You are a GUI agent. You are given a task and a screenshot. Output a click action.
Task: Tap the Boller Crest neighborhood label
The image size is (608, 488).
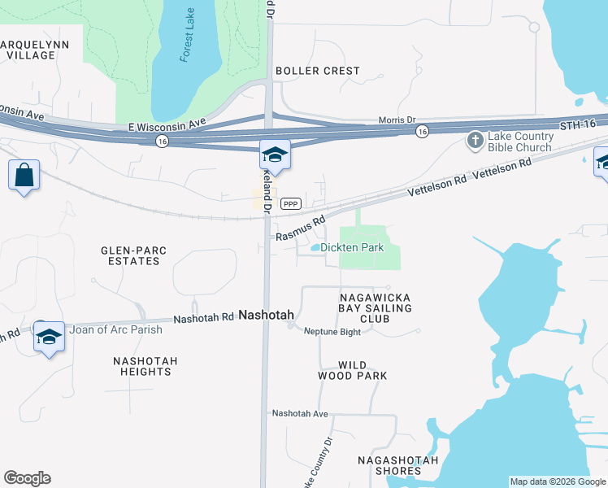click(x=317, y=71)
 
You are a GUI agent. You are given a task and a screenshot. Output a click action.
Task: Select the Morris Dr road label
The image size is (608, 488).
click(x=397, y=120)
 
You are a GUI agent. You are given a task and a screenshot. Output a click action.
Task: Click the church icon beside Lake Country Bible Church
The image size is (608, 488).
click(x=476, y=142)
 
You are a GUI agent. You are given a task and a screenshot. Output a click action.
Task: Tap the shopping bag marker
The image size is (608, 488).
click(x=24, y=175)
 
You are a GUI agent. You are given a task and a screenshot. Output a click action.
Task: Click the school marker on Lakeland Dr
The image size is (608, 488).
click(x=275, y=155)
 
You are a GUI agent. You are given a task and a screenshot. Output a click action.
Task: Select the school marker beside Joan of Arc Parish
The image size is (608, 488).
click(x=49, y=335)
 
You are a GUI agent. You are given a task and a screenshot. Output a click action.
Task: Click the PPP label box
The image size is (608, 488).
click(x=291, y=204)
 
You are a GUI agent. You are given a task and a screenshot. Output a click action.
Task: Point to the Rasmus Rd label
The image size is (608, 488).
click(x=300, y=228)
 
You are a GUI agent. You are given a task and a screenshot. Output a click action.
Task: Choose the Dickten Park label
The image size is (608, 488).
click(x=351, y=247)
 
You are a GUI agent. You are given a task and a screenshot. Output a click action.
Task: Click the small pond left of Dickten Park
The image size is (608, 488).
click(x=315, y=247)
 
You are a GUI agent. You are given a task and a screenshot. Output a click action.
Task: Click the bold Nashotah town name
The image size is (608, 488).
click(x=266, y=315)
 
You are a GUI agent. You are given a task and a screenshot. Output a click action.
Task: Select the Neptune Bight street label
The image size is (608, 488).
click(x=332, y=331)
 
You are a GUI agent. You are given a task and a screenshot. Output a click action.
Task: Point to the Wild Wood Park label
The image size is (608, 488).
click(x=352, y=370)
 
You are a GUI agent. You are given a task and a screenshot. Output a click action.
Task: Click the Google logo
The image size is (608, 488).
click(x=27, y=478)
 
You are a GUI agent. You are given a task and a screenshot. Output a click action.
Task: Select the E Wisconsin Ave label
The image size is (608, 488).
click(x=168, y=126)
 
